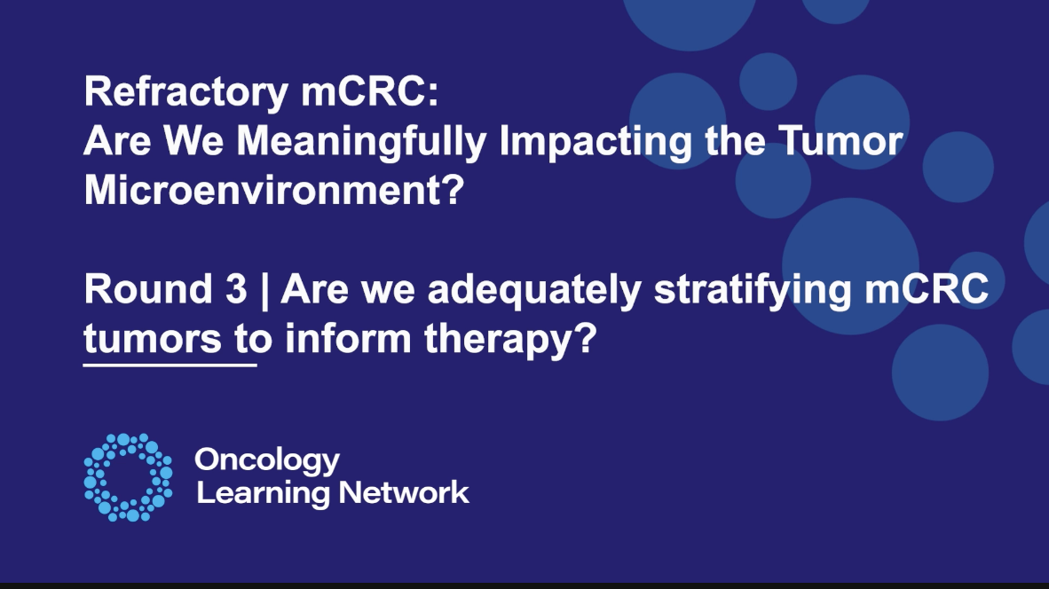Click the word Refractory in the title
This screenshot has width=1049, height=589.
(x=186, y=93)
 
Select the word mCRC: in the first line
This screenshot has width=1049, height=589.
(x=370, y=91)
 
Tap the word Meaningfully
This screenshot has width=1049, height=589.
(x=361, y=143)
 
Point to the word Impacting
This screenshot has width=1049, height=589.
(x=595, y=143)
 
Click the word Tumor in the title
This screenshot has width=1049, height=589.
(x=840, y=141)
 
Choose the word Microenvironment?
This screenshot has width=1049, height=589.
(x=274, y=190)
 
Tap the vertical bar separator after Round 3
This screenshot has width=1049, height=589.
(x=264, y=291)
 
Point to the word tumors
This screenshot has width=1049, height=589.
(x=153, y=340)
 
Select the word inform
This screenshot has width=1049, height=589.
(x=348, y=338)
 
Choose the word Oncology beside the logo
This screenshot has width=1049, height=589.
(x=267, y=461)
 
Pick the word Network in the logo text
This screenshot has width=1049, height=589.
(x=404, y=492)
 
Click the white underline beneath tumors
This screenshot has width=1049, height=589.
(x=170, y=365)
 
